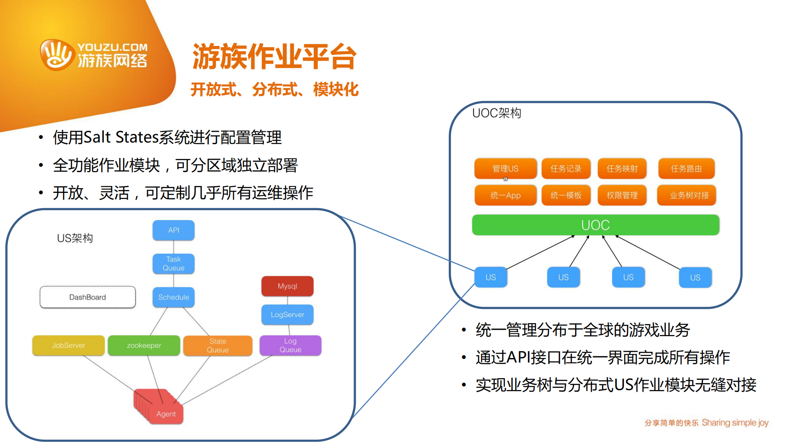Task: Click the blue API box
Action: tap(173, 230)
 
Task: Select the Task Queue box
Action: tap(173, 264)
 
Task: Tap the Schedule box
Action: tap(173, 297)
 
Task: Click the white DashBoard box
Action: tap(87, 297)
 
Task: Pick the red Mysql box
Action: tap(287, 286)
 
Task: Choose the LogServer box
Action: tap(287, 314)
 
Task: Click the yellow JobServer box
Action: tap(68, 345)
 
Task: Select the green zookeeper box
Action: tap(144, 345)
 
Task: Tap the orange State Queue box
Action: tap(218, 345)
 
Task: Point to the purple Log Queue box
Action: tap(290, 345)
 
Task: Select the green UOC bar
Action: tap(595, 225)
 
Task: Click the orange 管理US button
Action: tap(505, 168)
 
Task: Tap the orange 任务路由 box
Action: tap(686, 168)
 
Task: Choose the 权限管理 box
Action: tap(622, 195)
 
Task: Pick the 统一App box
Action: tap(505, 195)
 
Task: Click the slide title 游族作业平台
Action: tap(274, 57)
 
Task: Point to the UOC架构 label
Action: tap(496, 113)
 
